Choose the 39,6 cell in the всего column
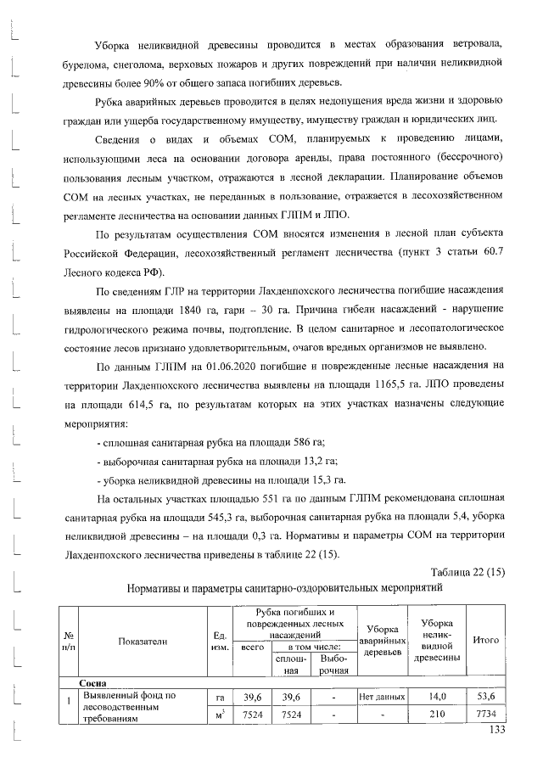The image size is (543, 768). point(252,697)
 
